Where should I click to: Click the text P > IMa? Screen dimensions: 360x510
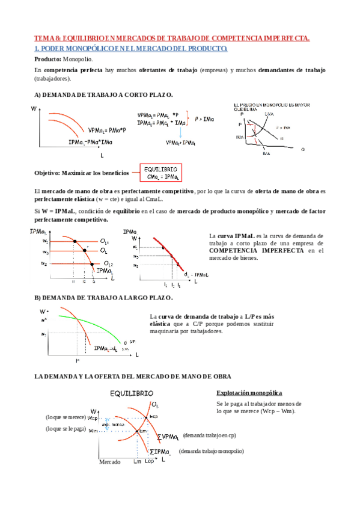204,119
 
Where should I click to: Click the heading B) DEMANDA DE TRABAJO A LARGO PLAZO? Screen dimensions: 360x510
104,298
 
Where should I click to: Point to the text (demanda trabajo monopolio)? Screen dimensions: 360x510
210,450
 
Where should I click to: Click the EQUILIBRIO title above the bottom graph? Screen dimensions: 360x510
135,393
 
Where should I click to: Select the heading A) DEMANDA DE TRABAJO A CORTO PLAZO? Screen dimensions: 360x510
103,95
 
